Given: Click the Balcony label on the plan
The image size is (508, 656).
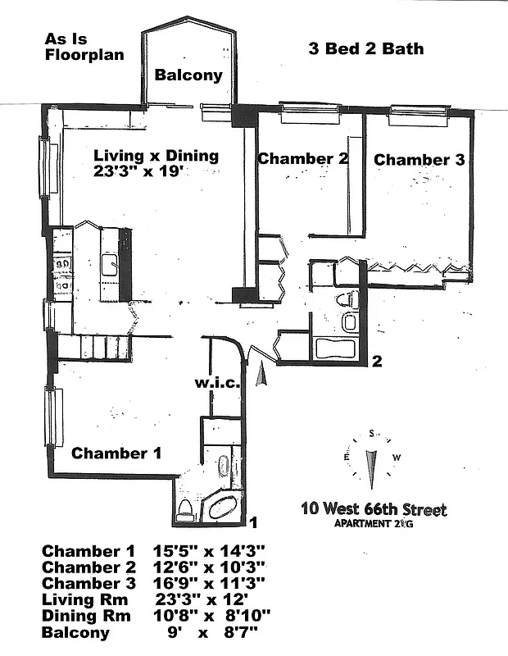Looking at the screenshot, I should (x=188, y=75).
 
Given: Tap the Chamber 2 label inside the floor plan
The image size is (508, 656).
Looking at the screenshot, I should (x=303, y=159).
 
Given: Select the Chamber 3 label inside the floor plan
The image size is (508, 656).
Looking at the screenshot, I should (x=419, y=160).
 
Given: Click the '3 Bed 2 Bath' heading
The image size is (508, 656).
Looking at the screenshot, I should (x=366, y=48).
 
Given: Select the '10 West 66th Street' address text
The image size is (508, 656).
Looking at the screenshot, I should (x=374, y=510).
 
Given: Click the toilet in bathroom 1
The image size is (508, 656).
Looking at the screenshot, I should (x=185, y=509).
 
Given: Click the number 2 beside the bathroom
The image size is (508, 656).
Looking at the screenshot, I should (x=376, y=361).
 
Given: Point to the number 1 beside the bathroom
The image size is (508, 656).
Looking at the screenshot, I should (x=254, y=522).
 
